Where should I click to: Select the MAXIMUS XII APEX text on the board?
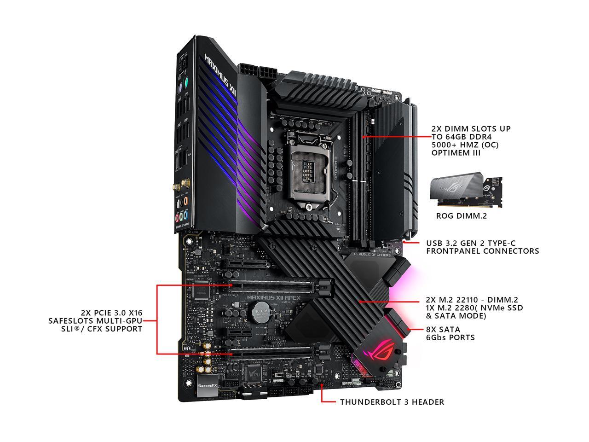point(273,297)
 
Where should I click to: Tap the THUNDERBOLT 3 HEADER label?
point(392,402)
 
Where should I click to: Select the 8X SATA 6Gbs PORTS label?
point(450,333)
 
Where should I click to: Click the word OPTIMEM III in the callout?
point(456,153)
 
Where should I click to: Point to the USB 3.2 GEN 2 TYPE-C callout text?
point(482,247)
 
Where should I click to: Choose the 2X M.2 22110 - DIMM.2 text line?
point(475,299)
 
